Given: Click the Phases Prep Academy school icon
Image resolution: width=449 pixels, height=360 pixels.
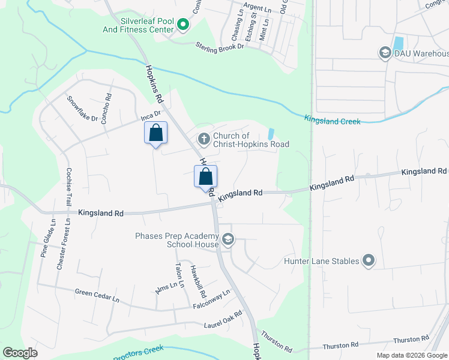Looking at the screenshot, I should (228, 240).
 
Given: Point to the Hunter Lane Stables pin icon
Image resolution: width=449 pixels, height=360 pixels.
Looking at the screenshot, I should (369, 261).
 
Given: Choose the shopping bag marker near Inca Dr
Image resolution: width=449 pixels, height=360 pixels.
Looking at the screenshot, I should (155, 132).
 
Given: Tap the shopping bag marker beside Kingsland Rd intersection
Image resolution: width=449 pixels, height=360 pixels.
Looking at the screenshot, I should (205, 177).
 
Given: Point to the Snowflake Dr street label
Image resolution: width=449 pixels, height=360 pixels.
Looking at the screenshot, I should (82, 109).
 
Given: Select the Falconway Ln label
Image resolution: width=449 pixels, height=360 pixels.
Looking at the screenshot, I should (211, 300).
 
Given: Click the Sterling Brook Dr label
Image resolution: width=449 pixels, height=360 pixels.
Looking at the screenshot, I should (220, 46).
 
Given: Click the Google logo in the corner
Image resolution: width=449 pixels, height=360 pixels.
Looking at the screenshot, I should (20, 352).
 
